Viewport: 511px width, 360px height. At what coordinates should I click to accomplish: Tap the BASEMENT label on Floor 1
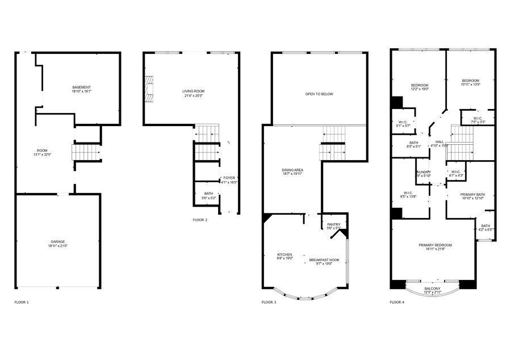(81, 87)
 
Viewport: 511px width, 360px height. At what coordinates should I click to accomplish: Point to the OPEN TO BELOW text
(319, 94)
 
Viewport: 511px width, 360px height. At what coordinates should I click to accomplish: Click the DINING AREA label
(293, 170)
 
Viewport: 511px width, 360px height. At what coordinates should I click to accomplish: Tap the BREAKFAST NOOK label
(324, 260)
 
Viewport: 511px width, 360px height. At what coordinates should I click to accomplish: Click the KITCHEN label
(284, 254)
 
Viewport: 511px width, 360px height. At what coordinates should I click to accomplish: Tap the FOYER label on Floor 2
(229, 178)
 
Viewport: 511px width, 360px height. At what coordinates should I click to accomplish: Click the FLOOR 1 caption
(22, 302)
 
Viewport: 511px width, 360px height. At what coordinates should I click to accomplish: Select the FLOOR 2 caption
(200, 220)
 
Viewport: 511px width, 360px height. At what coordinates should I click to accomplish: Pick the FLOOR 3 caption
(269, 302)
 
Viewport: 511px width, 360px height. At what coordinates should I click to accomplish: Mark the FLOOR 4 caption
(397, 302)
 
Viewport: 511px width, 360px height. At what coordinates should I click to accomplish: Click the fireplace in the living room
(149, 89)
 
